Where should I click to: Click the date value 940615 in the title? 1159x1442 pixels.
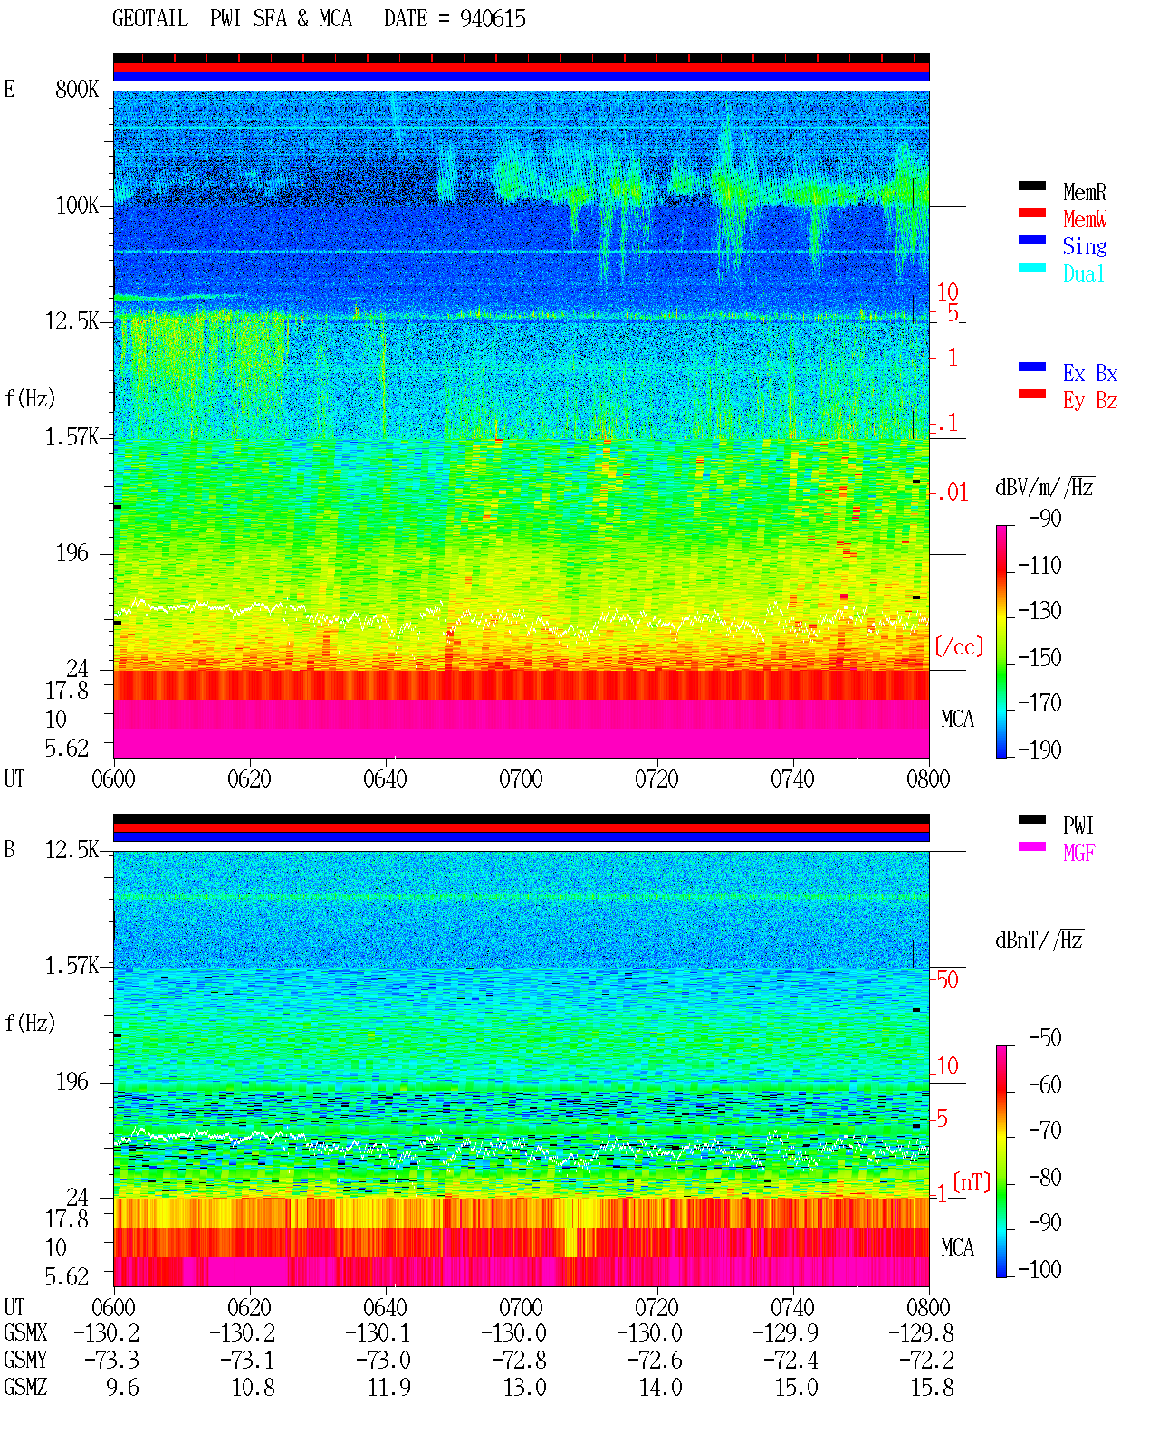pyautogui.click(x=493, y=19)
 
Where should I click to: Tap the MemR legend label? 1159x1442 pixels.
pyautogui.click(x=1085, y=192)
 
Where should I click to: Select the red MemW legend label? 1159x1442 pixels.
pyautogui.click(x=1085, y=219)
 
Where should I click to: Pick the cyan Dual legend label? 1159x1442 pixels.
pyautogui.click(x=1083, y=273)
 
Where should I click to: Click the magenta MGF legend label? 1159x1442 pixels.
pyautogui.click(x=1078, y=853)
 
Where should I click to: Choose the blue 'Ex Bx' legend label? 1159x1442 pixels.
pyautogui.click(x=1090, y=373)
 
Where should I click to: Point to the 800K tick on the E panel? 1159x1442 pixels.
pyautogui.click(x=77, y=89)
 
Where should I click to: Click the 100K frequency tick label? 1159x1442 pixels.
pyautogui.click(x=77, y=205)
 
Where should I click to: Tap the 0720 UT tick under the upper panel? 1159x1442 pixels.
pyautogui.click(x=656, y=778)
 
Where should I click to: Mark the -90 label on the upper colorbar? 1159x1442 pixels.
pyautogui.click(x=1045, y=518)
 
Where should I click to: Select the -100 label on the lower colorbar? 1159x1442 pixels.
pyautogui.click(x=1039, y=1269)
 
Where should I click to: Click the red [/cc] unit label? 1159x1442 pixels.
pyautogui.click(x=959, y=646)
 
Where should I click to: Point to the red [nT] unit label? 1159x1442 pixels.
pyautogui.click(x=972, y=1182)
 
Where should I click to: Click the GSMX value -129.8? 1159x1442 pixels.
pyautogui.click(x=920, y=1333)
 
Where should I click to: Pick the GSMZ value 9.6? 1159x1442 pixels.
pyautogui.click(x=122, y=1388)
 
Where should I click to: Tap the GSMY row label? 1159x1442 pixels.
pyautogui.click(x=25, y=1361)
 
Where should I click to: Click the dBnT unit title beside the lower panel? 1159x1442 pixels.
pyautogui.click(x=1039, y=941)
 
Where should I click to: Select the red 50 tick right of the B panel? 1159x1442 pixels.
pyautogui.click(x=947, y=980)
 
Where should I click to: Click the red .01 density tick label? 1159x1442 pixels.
pyautogui.click(x=952, y=493)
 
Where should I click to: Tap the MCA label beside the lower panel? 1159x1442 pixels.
pyautogui.click(x=957, y=1247)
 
